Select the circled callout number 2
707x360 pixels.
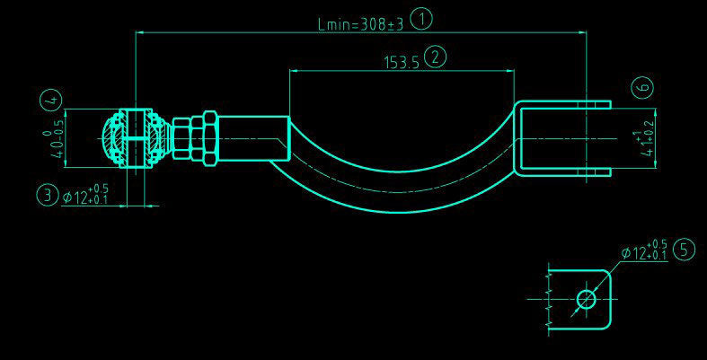tap(436, 57)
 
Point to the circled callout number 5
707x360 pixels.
tap(684, 250)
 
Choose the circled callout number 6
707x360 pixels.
tap(641, 87)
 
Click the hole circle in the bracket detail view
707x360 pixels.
tap(587, 299)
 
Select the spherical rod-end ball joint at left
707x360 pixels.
tap(134, 139)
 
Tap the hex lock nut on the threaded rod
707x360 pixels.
tap(207, 138)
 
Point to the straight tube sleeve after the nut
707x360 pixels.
tap(253, 138)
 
